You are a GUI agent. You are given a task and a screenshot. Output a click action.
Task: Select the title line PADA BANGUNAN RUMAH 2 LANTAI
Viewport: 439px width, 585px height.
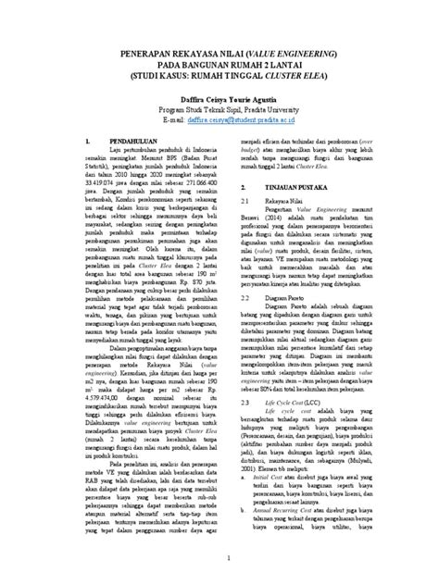click(219, 66)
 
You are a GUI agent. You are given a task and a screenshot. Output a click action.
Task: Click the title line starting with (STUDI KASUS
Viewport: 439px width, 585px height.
click(219, 78)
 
